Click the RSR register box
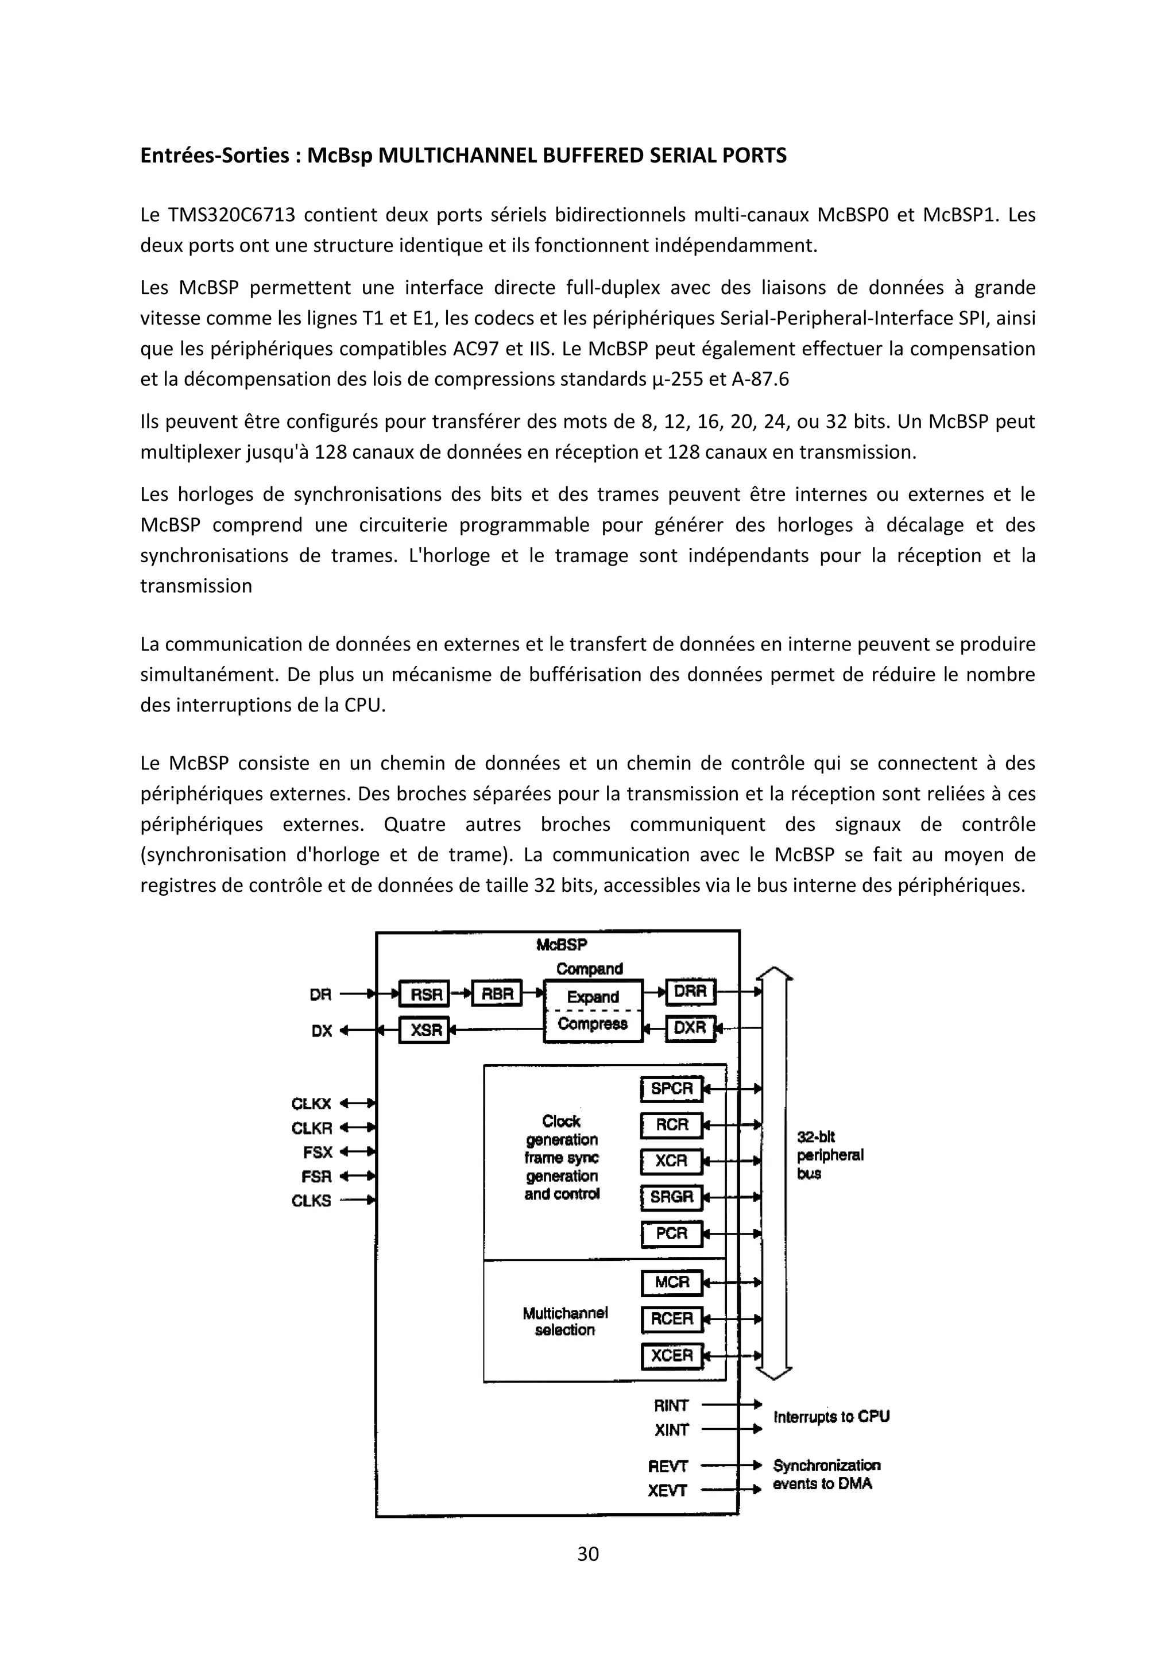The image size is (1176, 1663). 424,995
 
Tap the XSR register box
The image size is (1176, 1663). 424,1029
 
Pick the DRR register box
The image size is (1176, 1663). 690,992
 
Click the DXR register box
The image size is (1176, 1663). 690,1028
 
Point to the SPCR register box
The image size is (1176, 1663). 672,1089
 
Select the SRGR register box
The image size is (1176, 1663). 672,1197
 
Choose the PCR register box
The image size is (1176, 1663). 672,1233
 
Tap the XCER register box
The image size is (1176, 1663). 672,1355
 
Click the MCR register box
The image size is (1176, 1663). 672,1283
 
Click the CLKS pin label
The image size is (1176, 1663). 311,1201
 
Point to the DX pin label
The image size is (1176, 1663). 322,1031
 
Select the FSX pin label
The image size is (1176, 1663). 317,1153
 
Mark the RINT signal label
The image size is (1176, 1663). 671,1406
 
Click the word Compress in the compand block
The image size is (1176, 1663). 593,1023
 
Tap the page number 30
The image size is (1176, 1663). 588,1554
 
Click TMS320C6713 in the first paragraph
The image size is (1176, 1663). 233,215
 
